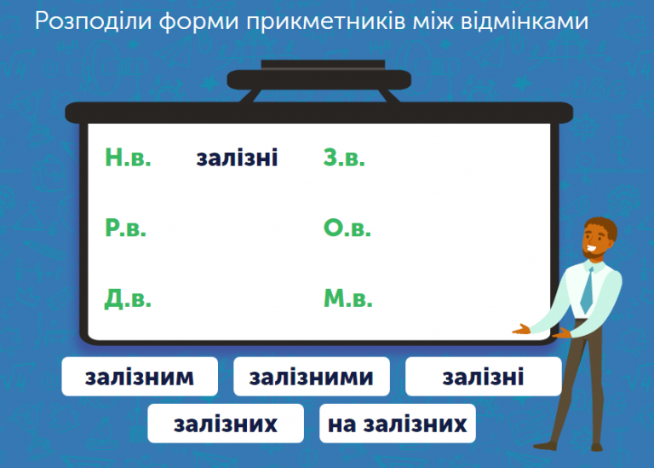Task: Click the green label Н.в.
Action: [x=128, y=158]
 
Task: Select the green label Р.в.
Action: [x=126, y=228]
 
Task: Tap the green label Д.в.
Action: [x=128, y=298]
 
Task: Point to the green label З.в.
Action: [x=344, y=158]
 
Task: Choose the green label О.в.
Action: [x=347, y=228]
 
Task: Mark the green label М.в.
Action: [x=347, y=298]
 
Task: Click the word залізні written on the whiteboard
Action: [x=237, y=159]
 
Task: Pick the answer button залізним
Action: [x=140, y=377]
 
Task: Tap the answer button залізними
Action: [x=311, y=377]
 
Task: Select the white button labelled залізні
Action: [x=483, y=377]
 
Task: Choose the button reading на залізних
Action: [x=397, y=424]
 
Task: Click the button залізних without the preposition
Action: [x=226, y=424]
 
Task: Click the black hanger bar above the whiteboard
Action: [x=318, y=79]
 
